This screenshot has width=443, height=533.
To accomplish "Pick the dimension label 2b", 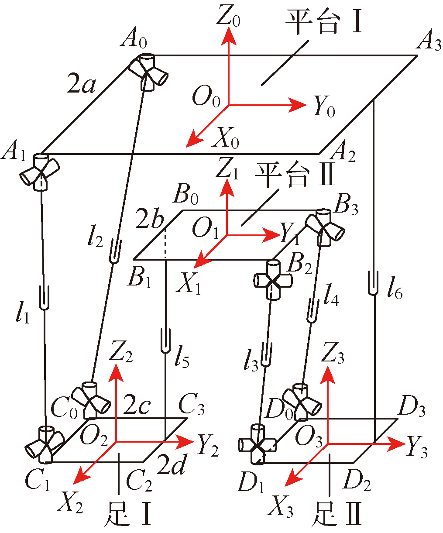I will click(x=149, y=221).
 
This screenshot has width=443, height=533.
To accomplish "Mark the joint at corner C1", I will click(x=44, y=445).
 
